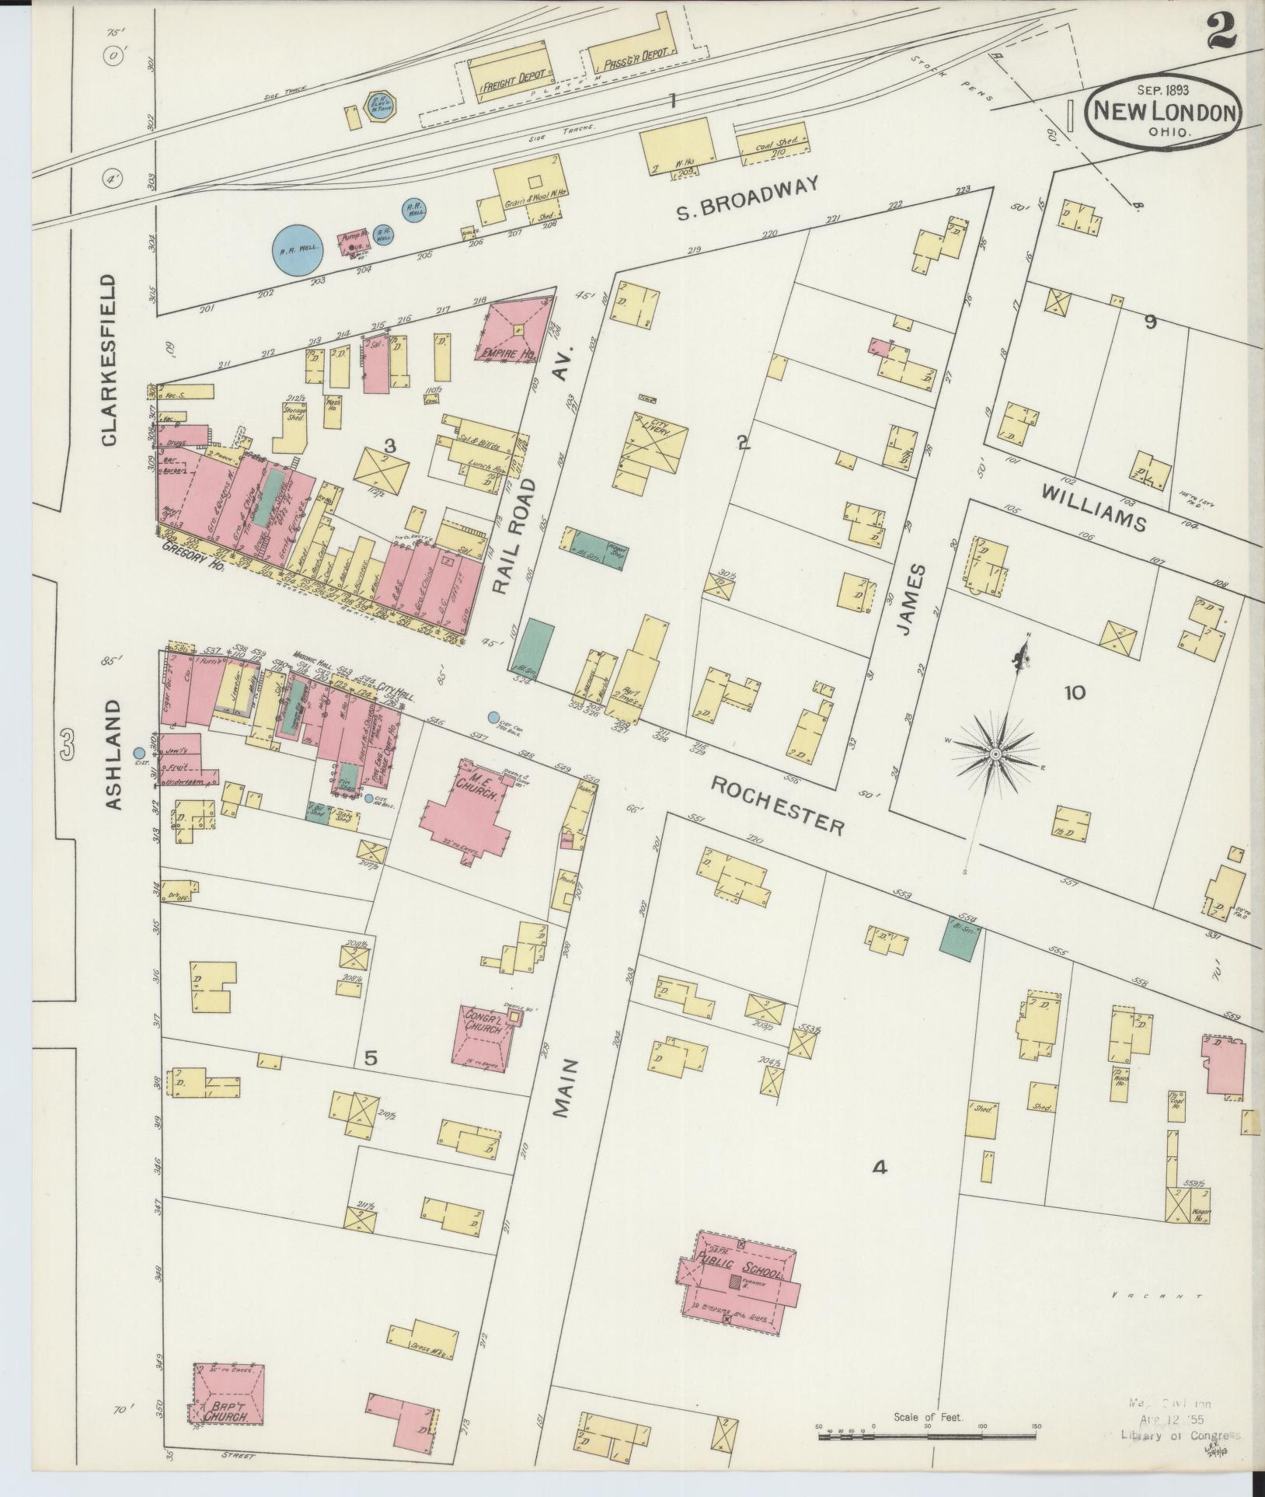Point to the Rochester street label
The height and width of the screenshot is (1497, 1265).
(778, 803)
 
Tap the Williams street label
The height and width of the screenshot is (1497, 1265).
(1093, 507)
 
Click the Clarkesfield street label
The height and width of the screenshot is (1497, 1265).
(110, 360)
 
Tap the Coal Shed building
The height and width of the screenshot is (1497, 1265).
(771, 143)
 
